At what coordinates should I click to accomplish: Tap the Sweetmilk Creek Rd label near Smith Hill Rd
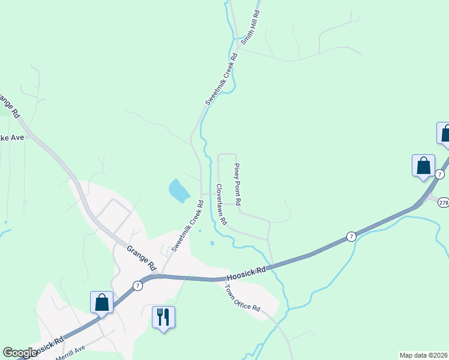pos(221,80)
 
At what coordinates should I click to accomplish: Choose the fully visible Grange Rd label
pos(142,257)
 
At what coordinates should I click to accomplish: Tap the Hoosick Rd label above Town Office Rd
pos(246,274)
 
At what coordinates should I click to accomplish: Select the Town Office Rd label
pos(242,298)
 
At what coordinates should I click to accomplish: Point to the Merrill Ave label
pos(71,353)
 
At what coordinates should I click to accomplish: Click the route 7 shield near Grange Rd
pos(138,286)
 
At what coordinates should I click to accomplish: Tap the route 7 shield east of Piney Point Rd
pos(351,237)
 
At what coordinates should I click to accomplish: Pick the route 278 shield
pos(443,203)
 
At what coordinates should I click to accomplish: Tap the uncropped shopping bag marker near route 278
pos(423,166)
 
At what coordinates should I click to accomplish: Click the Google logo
pos(20,353)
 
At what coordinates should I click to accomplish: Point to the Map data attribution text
pos(423,355)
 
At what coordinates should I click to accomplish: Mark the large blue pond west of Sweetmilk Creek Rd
pos(178,190)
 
